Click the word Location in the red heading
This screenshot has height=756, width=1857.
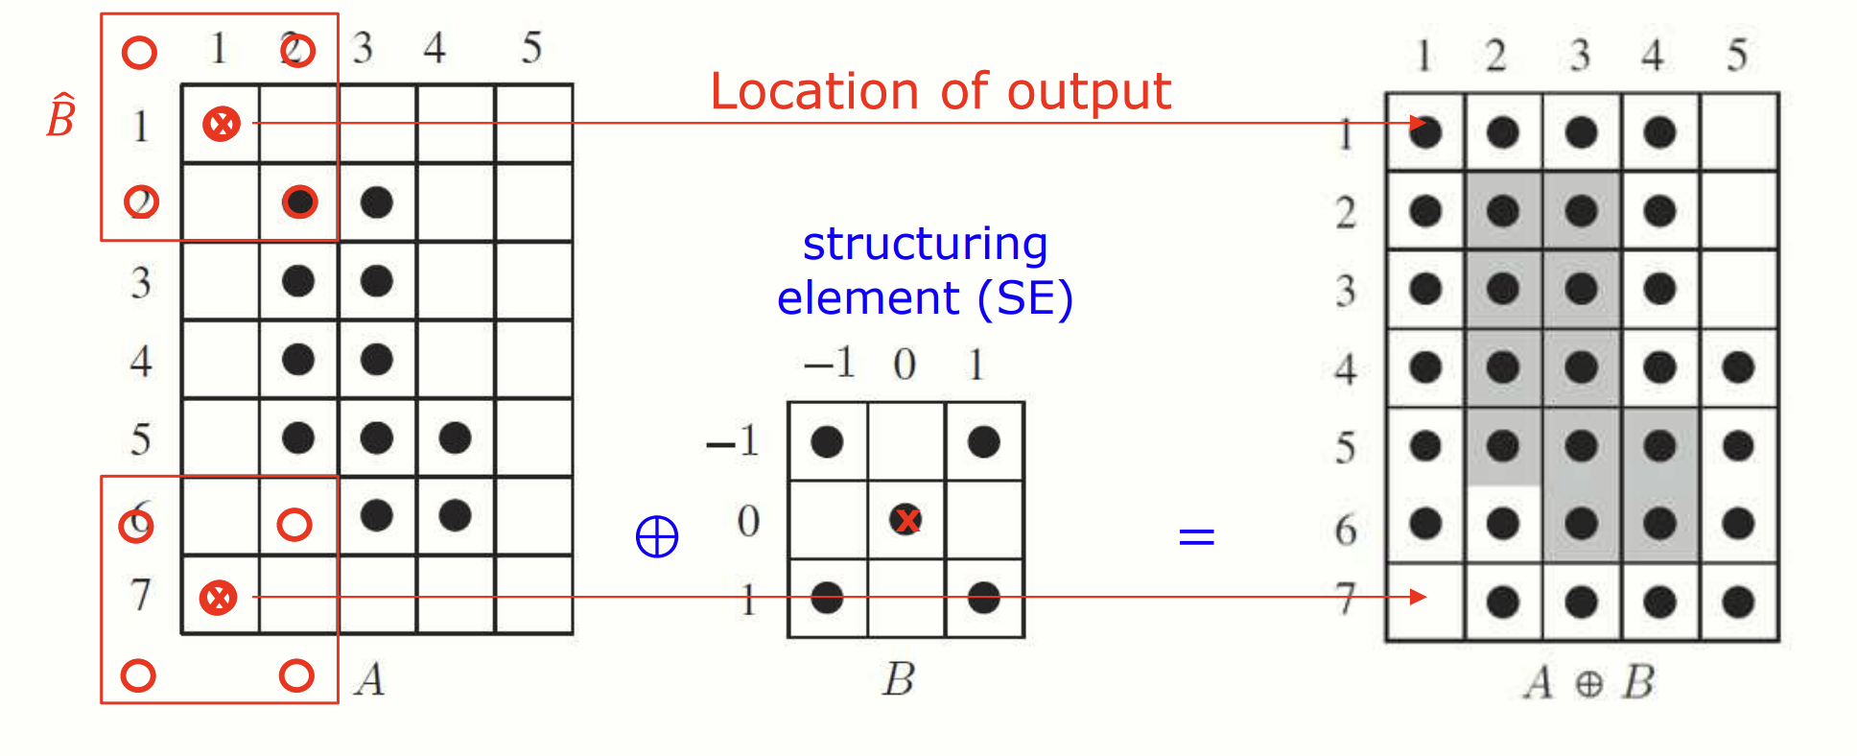[x=813, y=93]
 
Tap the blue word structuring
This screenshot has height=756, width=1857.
[x=925, y=244]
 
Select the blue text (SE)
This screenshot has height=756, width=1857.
[x=1024, y=298]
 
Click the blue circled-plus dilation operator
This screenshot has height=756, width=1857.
[x=657, y=536]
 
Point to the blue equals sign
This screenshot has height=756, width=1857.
[x=1196, y=535]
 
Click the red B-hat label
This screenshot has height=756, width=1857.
[x=60, y=117]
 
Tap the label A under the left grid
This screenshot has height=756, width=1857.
[x=370, y=679]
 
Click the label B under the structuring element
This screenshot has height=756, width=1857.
[x=899, y=679]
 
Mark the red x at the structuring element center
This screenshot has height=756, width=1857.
[x=905, y=520]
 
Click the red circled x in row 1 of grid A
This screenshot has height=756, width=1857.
[x=222, y=124]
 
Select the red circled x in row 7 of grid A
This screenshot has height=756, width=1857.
[x=219, y=597]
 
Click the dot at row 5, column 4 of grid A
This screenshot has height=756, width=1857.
[x=455, y=438]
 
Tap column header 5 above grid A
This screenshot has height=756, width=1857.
[x=531, y=48]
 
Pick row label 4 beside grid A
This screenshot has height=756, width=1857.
[x=141, y=361]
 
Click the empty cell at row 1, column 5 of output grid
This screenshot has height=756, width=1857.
[x=1738, y=132]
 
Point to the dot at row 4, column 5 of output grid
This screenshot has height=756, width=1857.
[x=1738, y=366]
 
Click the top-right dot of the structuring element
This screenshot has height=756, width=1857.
[x=984, y=442]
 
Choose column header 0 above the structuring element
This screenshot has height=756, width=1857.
[x=905, y=365]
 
